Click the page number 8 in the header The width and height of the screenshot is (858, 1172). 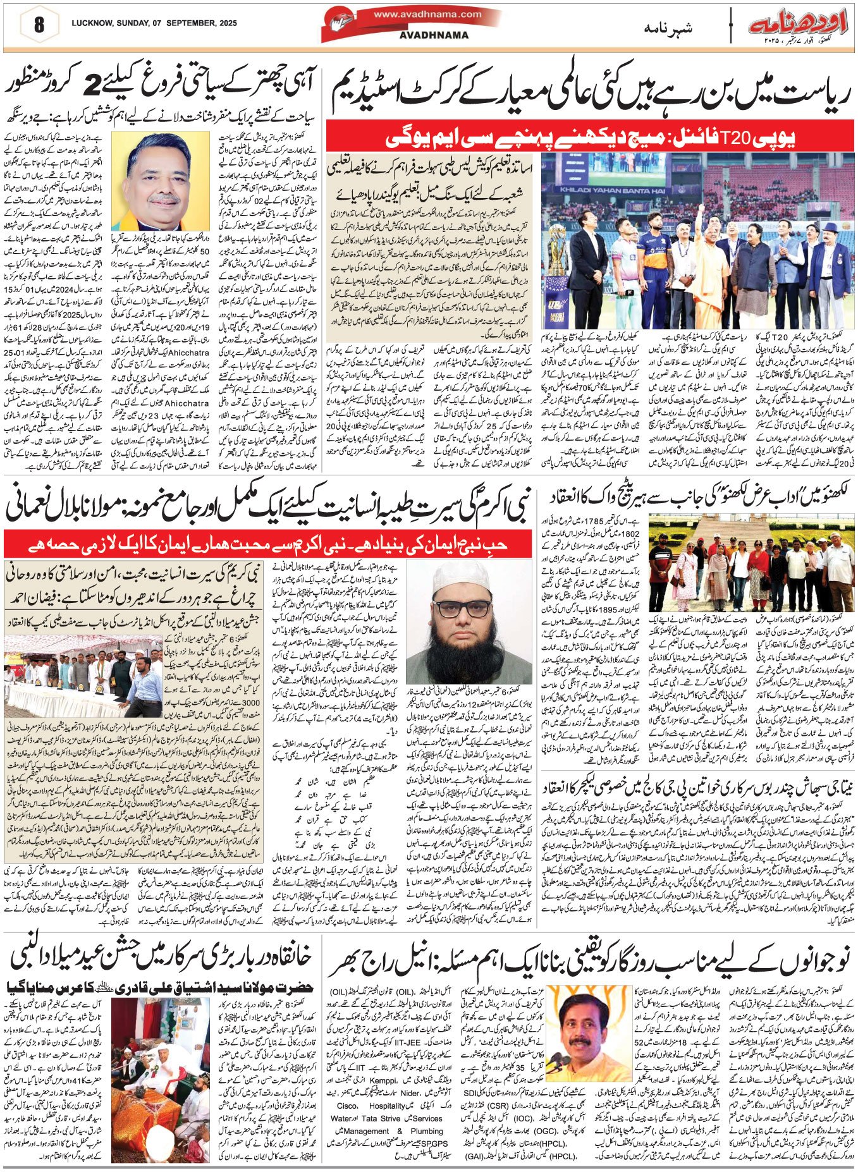coord(39,26)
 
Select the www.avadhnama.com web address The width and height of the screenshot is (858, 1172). coord(427,14)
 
